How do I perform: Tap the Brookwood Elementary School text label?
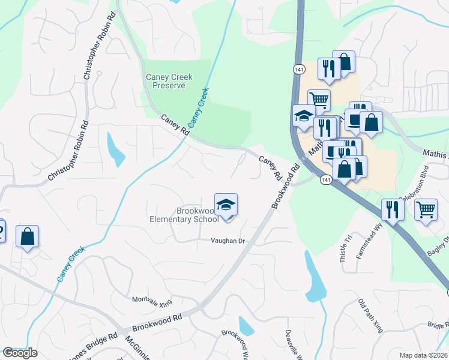pyautogui.click(x=184, y=215)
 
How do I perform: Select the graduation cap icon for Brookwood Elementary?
pyautogui.click(x=226, y=205)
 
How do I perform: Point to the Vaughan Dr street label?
pyautogui.click(x=228, y=241)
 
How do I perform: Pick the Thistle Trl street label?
pyautogui.click(x=346, y=245)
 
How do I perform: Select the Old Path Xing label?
pyautogui.click(x=370, y=316)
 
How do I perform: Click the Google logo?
pyautogui.click(x=20, y=353)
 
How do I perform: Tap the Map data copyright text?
pyautogui.click(x=424, y=355)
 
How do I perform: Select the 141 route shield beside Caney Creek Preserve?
pyautogui.click(x=298, y=70)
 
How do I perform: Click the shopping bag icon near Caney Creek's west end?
pyautogui.click(x=28, y=236)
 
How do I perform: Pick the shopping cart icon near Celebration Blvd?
pyautogui.click(x=426, y=210)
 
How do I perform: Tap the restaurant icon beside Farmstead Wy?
pyautogui.click(x=393, y=210)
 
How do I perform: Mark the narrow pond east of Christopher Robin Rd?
pyautogui.click(x=115, y=150)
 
